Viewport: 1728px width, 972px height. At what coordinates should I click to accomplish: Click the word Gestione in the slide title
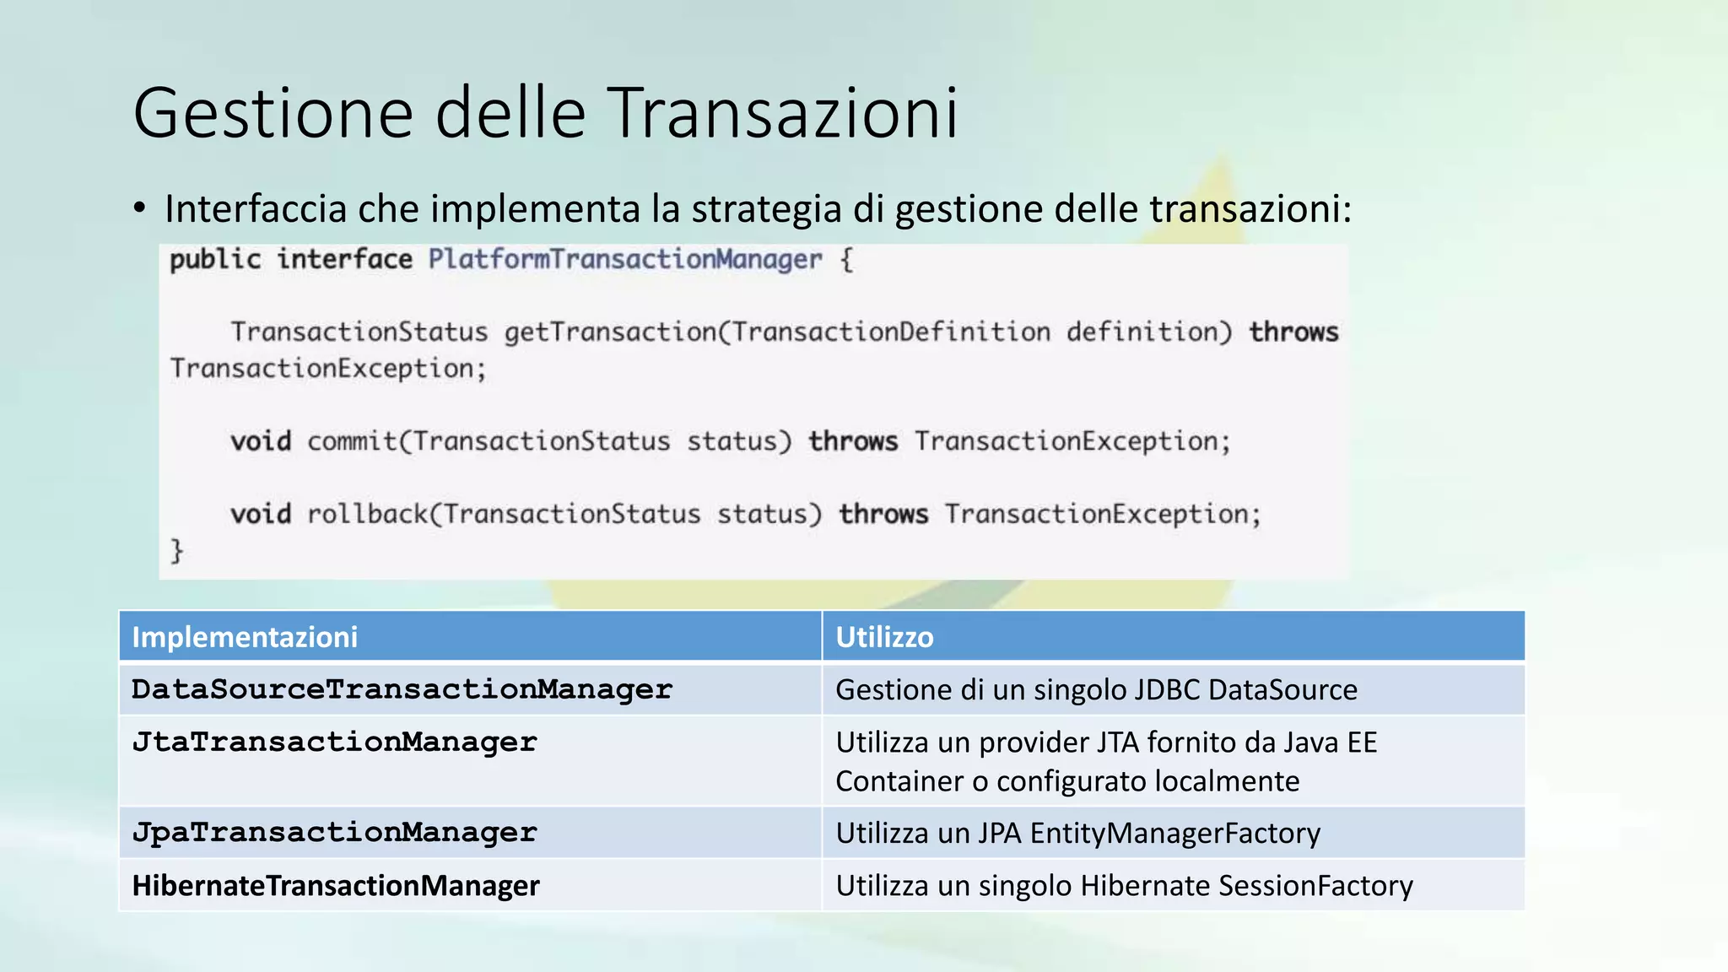pos(273,113)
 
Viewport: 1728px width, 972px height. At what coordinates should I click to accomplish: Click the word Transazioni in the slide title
pos(783,113)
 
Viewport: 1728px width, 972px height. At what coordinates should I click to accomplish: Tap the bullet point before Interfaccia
pos(140,208)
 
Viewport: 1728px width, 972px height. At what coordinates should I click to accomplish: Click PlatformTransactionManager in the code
pos(624,259)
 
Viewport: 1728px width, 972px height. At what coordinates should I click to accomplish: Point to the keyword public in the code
pos(215,259)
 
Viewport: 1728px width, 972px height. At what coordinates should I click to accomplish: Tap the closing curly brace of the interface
pos(176,550)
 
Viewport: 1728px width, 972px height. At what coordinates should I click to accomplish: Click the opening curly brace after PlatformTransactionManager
pos(847,259)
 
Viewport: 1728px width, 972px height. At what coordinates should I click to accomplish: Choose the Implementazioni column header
pos(245,637)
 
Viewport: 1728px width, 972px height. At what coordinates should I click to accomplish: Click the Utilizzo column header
pos(884,637)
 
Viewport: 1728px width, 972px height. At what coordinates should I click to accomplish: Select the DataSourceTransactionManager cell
pos(402,689)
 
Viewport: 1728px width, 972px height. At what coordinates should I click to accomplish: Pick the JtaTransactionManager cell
pos(334,742)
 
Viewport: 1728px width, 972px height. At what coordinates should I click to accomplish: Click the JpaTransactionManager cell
pos(334,833)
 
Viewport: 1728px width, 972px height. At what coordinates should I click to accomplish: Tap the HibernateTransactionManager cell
pos(336,886)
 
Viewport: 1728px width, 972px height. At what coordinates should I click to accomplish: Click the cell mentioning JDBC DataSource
pos(1096,690)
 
